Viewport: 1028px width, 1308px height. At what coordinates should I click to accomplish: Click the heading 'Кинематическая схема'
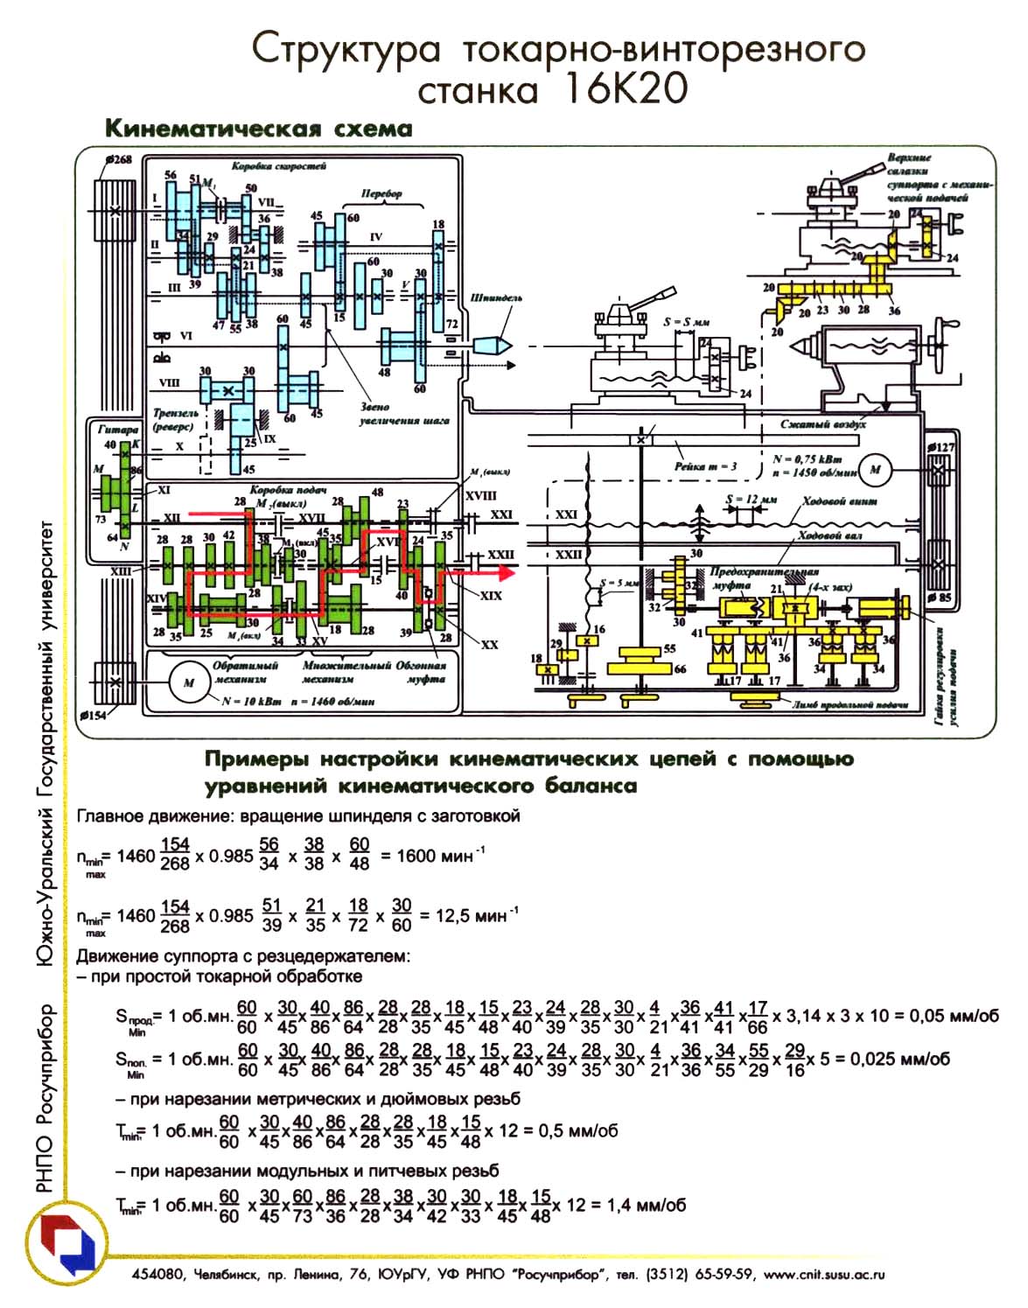(x=258, y=129)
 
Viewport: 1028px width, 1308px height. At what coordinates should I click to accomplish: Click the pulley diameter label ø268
(x=117, y=159)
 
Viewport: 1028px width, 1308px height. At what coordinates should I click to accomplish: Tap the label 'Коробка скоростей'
(x=278, y=165)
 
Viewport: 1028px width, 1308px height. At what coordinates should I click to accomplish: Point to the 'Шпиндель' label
(x=496, y=297)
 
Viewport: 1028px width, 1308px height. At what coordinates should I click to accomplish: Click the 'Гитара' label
(x=117, y=429)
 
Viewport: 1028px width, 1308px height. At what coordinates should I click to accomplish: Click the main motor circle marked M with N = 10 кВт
(x=188, y=682)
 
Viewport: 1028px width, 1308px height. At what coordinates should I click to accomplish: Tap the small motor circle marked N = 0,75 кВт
(x=874, y=470)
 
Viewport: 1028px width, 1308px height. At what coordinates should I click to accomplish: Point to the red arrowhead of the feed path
(x=505, y=573)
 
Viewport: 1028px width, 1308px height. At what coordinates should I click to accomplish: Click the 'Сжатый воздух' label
(x=822, y=424)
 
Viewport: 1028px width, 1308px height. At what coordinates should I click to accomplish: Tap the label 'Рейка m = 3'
(x=706, y=466)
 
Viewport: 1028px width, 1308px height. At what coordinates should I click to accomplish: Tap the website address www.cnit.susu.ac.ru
(x=824, y=1275)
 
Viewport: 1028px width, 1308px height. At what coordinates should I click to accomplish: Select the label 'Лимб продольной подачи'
(x=850, y=704)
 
